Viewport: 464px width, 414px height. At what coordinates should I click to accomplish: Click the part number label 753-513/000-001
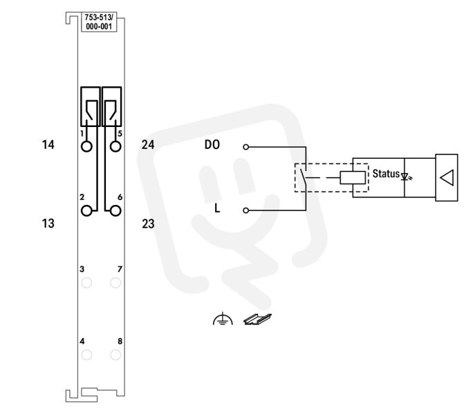tap(99, 22)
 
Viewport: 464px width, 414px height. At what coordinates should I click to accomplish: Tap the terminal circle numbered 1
tap(86, 146)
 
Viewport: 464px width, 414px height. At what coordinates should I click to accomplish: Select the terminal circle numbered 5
tap(115, 146)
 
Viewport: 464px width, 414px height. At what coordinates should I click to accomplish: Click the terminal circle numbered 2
tap(86, 211)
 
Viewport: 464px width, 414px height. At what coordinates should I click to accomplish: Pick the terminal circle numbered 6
tap(115, 211)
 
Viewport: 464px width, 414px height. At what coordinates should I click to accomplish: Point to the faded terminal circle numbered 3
tap(86, 283)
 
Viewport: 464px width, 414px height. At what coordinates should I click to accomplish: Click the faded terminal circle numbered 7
tap(115, 283)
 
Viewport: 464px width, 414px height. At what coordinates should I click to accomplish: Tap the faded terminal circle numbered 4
tap(86, 355)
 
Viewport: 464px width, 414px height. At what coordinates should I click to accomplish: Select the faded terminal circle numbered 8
tap(115, 355)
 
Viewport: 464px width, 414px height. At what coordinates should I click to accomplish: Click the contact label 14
tap(48, 145)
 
